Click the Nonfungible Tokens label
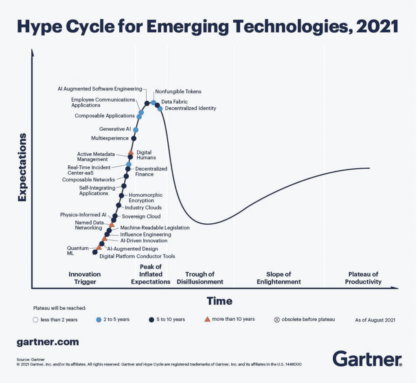tap(178, 92)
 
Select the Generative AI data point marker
tap(136, 130)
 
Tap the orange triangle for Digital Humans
tap(131, 152)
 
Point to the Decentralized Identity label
tap(190, 108)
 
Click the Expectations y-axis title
tap(22, 167)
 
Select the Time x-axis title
tap(219, 301)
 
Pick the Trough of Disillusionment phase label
tap(200, 278)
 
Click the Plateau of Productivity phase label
tap(363, 278)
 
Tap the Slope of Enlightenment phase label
tap(279, 278)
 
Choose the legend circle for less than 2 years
tap(36, 319)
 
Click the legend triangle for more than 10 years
tap(207, 319)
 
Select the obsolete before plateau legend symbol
tap(277, 319)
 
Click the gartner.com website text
tap(48, 342)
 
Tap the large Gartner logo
tap(367, 359)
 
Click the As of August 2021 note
tap(375, 320)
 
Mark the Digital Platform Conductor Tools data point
tap(95, 252)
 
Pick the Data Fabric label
tap(174, 101)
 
